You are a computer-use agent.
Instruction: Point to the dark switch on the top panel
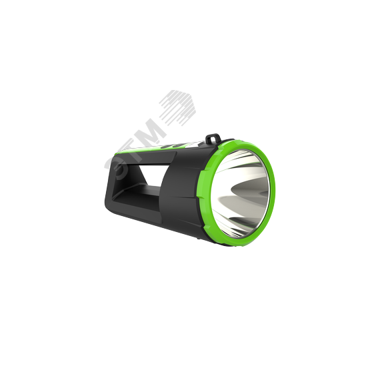coord(174,145)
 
